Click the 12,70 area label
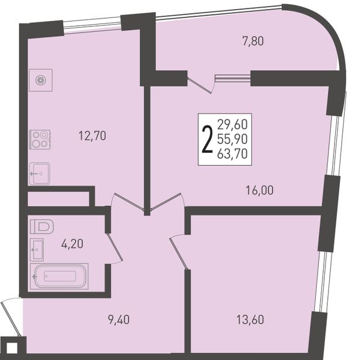(92, 135)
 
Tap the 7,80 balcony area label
(253, 42)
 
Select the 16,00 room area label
(260, 190)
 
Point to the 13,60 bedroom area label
(250, 320)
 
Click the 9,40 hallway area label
(119, 320)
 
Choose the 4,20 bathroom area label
(72, 244)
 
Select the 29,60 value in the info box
(232, 125)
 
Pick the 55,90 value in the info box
(232, 139)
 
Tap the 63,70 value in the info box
(232, 154)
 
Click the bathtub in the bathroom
(59, 276)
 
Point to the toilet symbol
(42, 226)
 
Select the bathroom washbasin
(37, 250)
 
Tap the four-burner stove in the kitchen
(40, 140)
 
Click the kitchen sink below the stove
(39, 173)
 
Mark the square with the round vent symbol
(41, 80)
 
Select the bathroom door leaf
(114, 247)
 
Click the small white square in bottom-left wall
(12, 349)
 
